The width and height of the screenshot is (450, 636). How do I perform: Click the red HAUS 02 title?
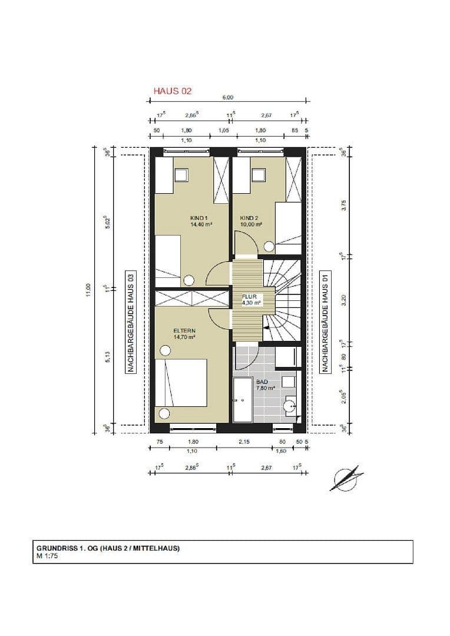[x=173, y=91]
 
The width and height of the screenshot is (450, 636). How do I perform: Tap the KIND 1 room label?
[x=199, y=218]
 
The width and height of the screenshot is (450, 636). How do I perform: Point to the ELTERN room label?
[x=184, y=331]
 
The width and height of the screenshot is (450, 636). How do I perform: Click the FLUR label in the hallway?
[x=250, y=297]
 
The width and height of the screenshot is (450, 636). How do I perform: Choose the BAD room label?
[x=262, y=381]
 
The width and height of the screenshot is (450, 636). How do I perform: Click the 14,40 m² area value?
[x=200, y=224]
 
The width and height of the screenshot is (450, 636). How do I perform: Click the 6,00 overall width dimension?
[x=228, y=98]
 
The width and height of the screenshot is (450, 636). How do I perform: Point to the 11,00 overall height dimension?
[x=89, y=290]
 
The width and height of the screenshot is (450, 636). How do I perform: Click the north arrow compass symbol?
[x=345, y=478]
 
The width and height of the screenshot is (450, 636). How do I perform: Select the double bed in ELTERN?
[x=181, y=383]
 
